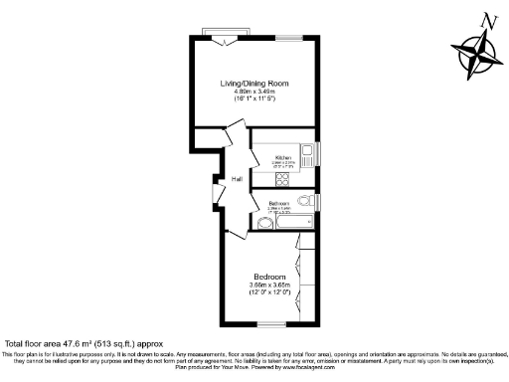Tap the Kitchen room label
282,156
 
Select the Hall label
238,179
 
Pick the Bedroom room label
269,276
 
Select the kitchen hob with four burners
281,180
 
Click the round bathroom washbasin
263,224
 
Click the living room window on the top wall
290,37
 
